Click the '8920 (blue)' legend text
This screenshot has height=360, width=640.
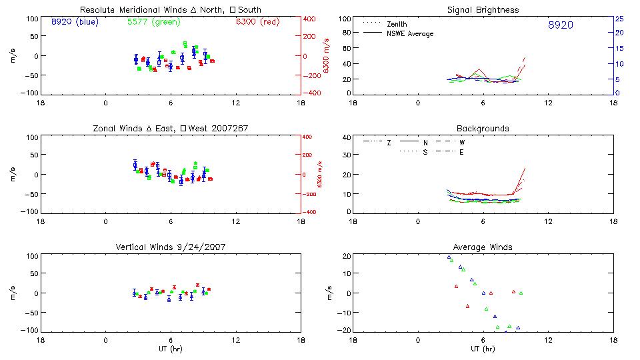tap(73, 22)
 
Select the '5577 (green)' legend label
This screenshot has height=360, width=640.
tap(150, 22)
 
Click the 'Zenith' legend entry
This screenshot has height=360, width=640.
tap(397, 24)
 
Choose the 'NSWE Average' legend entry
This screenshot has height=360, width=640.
tap(410, 33)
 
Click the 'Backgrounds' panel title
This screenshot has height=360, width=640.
tap(483, 128)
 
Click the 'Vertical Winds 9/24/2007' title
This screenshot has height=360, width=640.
tap(170, 247)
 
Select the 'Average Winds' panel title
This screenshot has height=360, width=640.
tap(483, 247)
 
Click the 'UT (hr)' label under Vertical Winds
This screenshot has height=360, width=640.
tap(170, 349)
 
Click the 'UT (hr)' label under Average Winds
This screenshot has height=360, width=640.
tap(483, 349)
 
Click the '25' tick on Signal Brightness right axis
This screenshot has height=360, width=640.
tap(619, 19)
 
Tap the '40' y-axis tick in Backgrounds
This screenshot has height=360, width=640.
tap(345, 138)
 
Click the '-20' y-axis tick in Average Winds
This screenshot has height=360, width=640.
tap(343, 330)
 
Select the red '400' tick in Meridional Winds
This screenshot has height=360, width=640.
tap(311, 19)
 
